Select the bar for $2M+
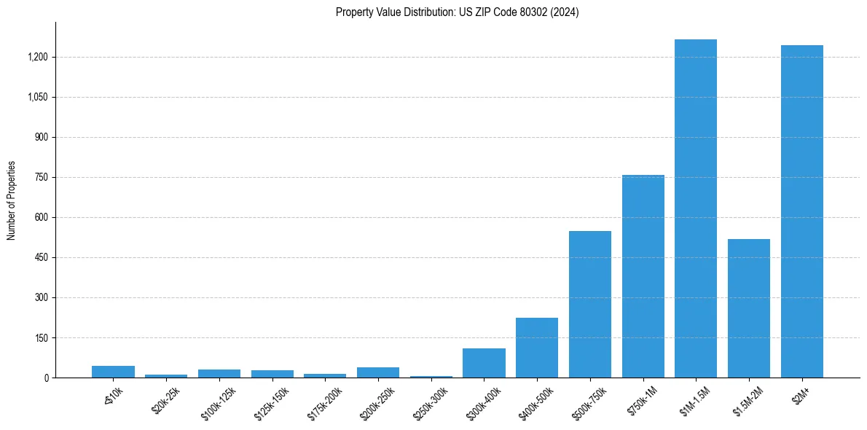click(x=801, y=211)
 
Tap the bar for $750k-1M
click(x=643, y=276)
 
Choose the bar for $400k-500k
click(x=537, y=348)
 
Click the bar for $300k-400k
click(x=484, y=363)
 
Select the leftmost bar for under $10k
click(x=113, y=372)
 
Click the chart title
click(x=457, y=12)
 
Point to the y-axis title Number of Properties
click(x=12, y=200)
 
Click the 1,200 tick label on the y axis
click(x=39, y=57)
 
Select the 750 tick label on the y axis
click(x=42, y=177)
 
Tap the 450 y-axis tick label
click(x=42, y=257)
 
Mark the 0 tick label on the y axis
click(x=46, y=378)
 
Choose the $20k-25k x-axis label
click(x=164, y=400)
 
